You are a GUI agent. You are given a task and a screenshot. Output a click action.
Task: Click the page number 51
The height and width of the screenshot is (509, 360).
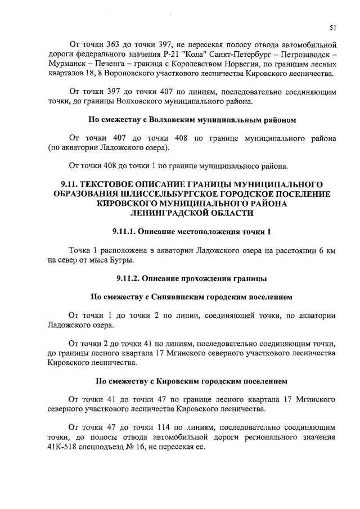click(x=332, y=26)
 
